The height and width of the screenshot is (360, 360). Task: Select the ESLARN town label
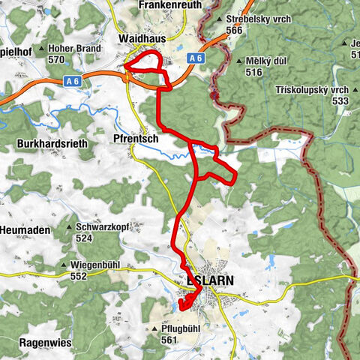[x=209, y=280]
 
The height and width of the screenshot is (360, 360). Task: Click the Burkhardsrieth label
[x=51, y=142]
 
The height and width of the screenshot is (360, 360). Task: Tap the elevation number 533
[x=340, y=100]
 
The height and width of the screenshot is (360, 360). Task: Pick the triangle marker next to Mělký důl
[x=239, y=61]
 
